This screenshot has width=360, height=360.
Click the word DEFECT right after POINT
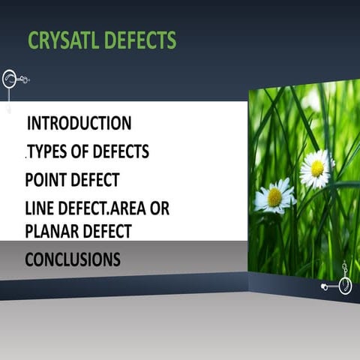(97, 181)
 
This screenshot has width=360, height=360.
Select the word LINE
(40, 209)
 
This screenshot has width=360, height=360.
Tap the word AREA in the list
(130, 209)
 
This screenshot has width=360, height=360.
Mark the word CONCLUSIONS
(72, 259)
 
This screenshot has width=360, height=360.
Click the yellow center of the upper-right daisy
(317, 168)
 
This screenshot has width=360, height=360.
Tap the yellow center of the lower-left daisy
(274, 196)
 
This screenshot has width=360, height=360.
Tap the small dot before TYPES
(26, 158)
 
